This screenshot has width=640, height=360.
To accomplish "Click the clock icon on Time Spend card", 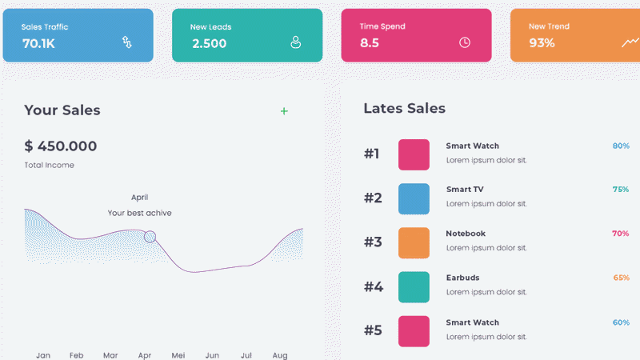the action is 465,42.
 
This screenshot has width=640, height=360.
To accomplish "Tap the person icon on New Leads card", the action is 295,42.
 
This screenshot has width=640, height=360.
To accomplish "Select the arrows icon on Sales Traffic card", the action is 127,42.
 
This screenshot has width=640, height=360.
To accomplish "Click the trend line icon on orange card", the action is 630,42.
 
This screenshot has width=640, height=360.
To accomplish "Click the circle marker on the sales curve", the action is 150,237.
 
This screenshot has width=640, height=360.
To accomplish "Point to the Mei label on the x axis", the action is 178,355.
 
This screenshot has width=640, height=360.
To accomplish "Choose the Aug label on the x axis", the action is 280,355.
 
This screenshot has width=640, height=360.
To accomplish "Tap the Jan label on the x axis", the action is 43,355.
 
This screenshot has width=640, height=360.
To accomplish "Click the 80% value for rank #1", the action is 621,146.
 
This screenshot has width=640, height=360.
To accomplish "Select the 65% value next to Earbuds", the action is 622,278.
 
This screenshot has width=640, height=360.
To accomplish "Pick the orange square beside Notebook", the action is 414,243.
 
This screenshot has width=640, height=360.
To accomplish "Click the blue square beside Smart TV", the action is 414,198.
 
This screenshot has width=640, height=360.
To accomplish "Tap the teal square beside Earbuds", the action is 414,287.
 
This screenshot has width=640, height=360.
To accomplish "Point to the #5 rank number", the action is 373,330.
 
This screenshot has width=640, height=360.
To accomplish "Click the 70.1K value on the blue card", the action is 38,43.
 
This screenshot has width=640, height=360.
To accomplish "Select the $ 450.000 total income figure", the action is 61,146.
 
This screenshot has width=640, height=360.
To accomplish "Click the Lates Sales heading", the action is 405,108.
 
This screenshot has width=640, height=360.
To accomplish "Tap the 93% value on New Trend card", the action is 542,42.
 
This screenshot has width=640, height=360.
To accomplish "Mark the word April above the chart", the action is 139,198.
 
